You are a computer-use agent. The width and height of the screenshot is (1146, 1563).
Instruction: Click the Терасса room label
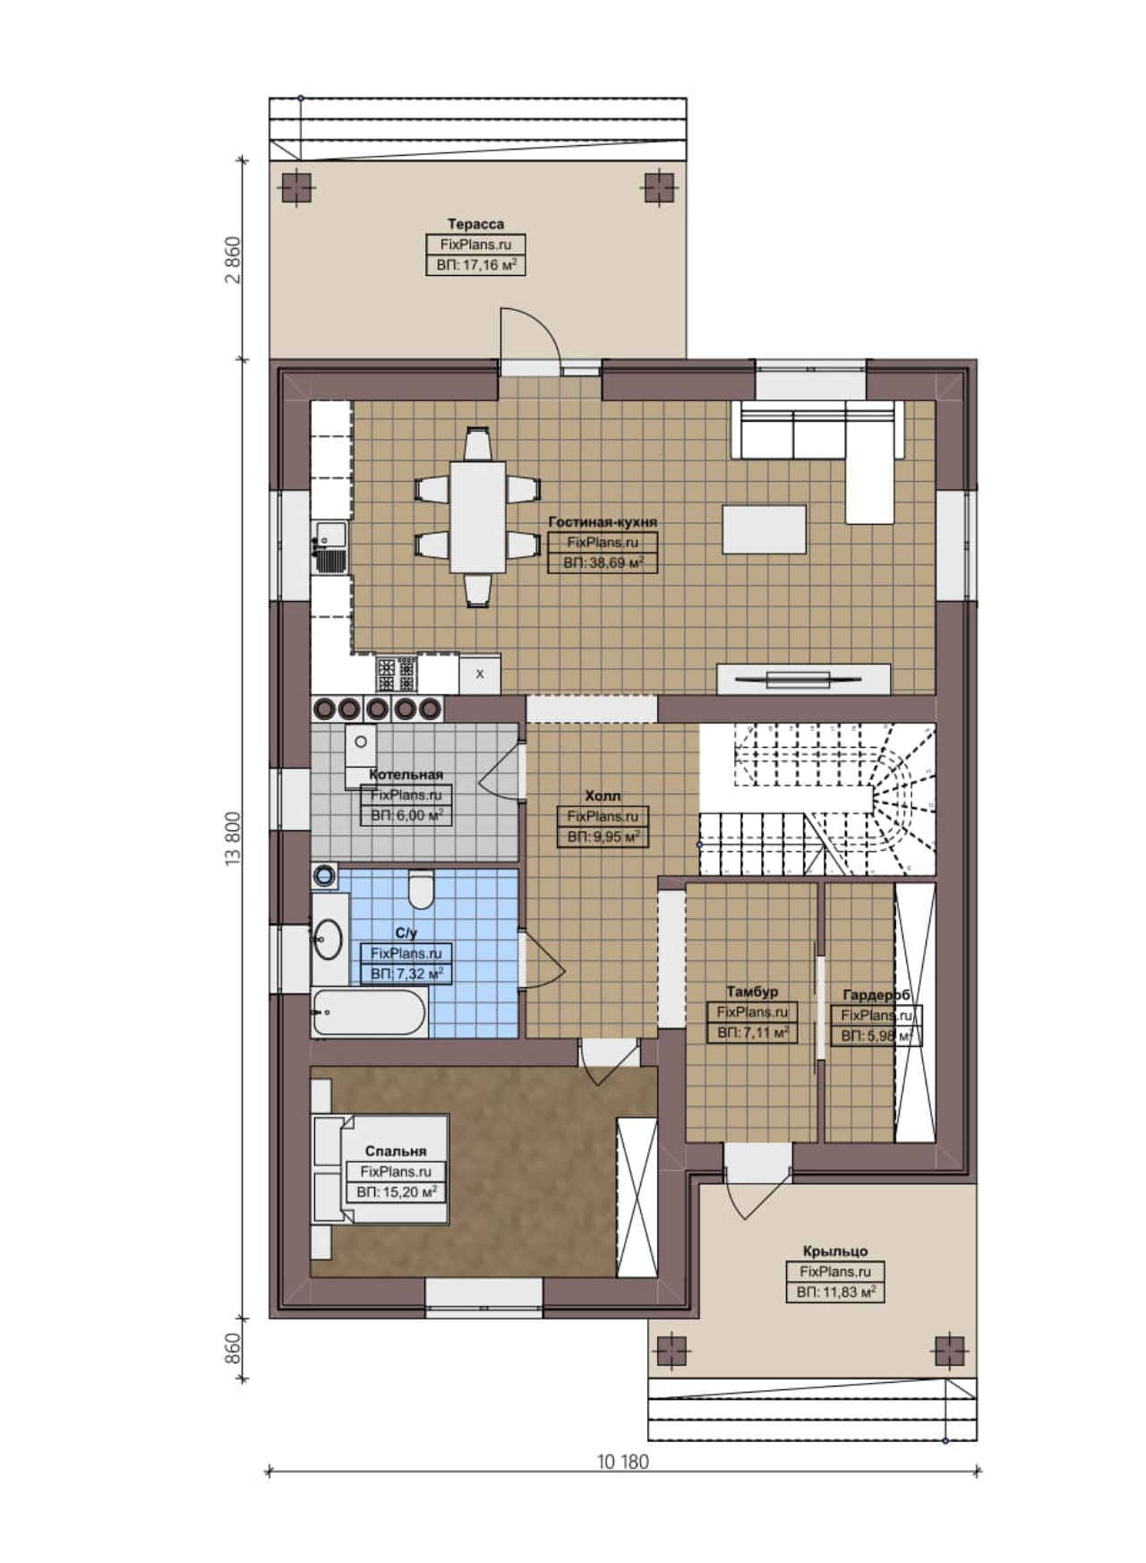tap(475, 224)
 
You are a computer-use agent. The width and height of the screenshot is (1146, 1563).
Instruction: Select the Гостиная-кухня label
tap(603, 521)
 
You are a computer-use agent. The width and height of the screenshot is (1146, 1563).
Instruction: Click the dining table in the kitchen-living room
tap(477, 516)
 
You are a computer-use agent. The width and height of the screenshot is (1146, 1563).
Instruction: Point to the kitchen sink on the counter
tap(329, 546)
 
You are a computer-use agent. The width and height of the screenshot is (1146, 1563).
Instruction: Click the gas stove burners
tap(397, 674)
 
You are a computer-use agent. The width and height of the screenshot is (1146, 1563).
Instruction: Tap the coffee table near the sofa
tap(764, 529)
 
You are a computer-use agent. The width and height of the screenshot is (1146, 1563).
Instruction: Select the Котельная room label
tap(406, 774)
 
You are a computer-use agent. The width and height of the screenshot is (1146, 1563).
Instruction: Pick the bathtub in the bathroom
tap(369, 1012)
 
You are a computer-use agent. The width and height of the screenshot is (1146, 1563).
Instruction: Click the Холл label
tap(603, 795)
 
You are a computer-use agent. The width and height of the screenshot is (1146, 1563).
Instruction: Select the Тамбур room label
tap(752, 992)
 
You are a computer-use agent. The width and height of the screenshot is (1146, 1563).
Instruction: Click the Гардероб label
tap(877, 995)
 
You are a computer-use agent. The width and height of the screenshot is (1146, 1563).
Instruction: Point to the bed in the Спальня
tap(380, 1168)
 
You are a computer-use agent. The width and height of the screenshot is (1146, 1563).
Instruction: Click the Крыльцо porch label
tap(835, 1251)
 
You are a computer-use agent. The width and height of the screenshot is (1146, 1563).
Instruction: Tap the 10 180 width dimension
tap(623, 1461)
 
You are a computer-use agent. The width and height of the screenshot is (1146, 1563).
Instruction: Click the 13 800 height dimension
tap(234, 838)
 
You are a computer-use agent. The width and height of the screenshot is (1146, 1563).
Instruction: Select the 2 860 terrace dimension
tap(234, 260)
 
